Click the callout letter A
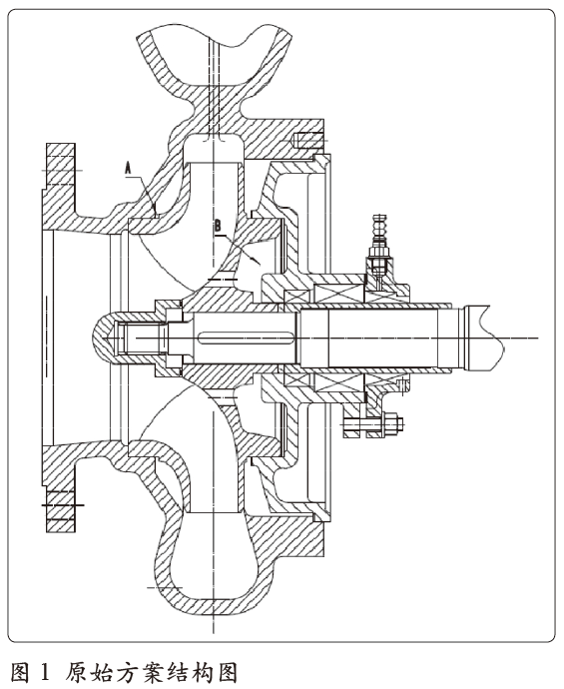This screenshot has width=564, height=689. pyautogui.click(x=128, y=169)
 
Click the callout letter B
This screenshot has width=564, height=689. pyautogui.click(x=219, y=227)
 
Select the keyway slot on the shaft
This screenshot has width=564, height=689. pyautogui.click(x=246, y=338)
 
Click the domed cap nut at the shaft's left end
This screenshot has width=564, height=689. pyautogui.click(x=122, y=338)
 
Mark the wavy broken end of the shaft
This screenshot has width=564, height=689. pyautogui.click(x=496, y=338)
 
